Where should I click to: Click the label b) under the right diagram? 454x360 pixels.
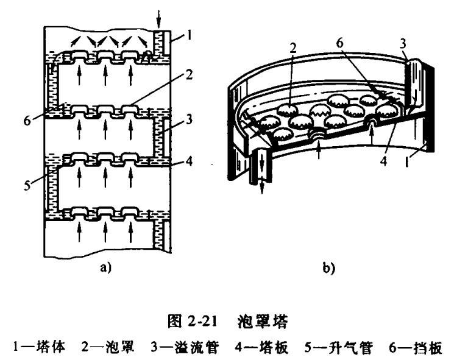tap(330, 266)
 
